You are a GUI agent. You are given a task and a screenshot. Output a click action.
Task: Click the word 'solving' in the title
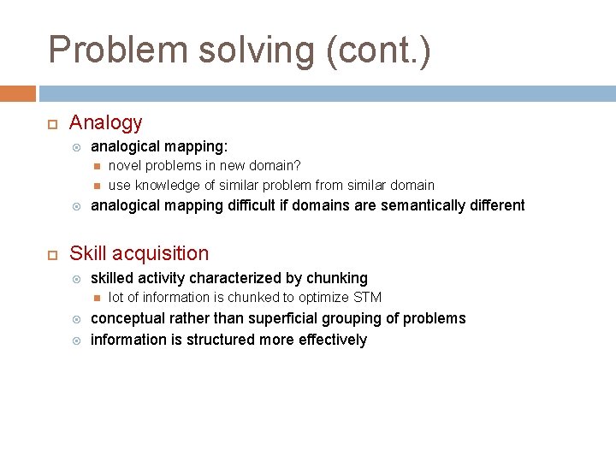(256, 50)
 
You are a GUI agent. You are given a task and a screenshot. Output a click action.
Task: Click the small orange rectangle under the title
(18, 93)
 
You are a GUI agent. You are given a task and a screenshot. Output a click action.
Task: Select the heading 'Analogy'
(105, 123)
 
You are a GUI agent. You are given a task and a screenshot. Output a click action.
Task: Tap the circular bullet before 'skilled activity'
(76, 279)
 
